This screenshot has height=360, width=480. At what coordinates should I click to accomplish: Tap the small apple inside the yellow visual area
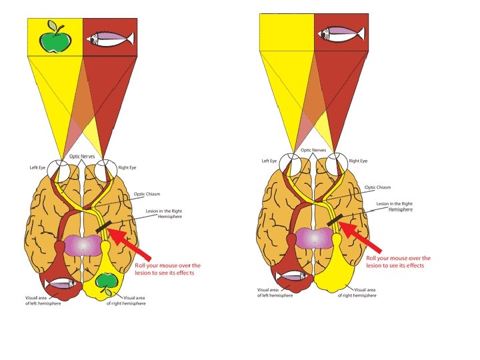[105, 282]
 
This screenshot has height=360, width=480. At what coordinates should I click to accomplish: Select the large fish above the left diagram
[109, 38]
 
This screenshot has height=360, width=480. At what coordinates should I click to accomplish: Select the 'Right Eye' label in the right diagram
[359, 161]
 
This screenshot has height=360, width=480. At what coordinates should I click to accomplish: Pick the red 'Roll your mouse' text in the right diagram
[399, 261]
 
